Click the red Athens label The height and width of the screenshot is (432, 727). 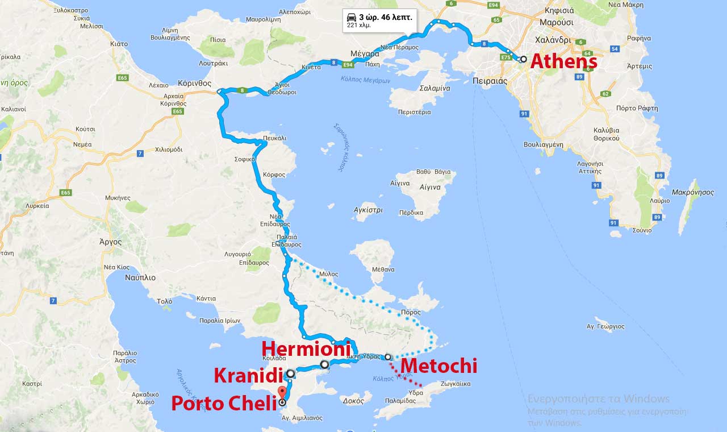(x=563, y=61)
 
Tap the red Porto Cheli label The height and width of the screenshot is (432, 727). (x=224, y=403)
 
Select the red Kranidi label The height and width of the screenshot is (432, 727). (x=248, y=375)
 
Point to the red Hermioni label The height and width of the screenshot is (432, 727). (x=302, y=348)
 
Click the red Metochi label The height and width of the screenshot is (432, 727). (x=439, y=366)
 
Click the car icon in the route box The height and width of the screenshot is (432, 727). (x=352, y=17)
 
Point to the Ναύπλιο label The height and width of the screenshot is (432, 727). (x=140, y=277)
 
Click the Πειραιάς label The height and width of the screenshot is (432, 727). (x=490, y=81)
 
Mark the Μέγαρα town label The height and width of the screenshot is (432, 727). (x=365, y=54)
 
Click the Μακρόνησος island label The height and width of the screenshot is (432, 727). (x=692, y=192)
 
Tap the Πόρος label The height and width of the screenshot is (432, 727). (x=411, y=312)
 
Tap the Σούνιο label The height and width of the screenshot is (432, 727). (x=641, y=230)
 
